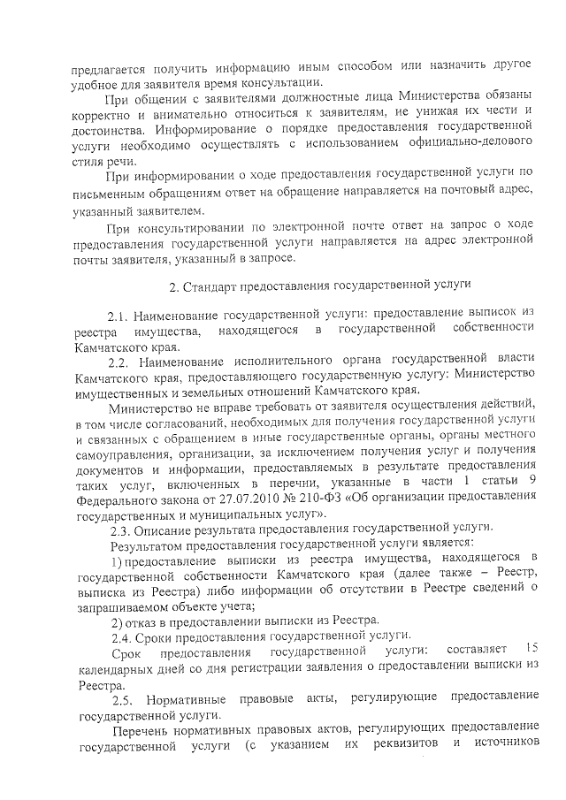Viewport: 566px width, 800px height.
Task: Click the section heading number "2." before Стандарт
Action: tap(173, 286)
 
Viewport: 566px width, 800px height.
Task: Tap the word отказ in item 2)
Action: tap(148, 620)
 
